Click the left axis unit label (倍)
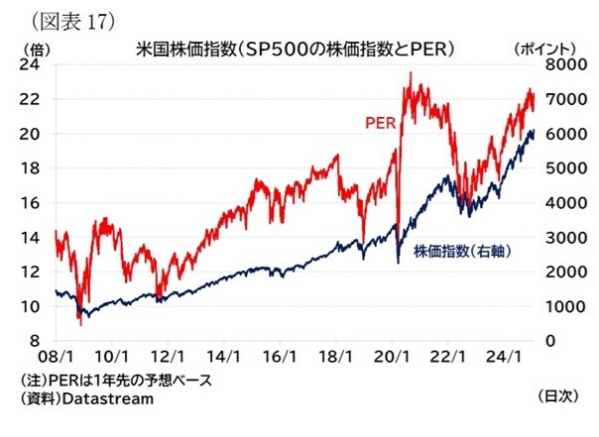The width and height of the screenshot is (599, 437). (36, 47)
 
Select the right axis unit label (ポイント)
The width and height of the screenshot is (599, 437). (549, 47)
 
